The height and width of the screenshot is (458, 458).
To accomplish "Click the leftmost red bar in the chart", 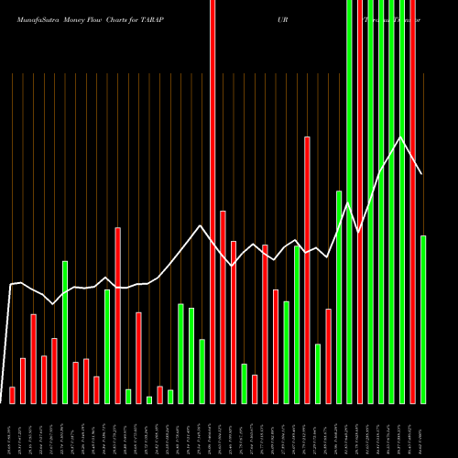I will point(12,395).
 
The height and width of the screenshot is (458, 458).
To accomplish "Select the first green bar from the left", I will point(65,332).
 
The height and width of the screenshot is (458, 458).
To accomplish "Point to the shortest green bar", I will point(149,399).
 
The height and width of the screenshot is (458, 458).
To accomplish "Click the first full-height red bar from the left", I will point(213,202).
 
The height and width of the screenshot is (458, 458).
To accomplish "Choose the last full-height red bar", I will point(412,202).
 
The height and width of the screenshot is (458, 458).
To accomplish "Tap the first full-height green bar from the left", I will point(349,202).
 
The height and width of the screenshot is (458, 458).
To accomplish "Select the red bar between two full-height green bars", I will point(359,202).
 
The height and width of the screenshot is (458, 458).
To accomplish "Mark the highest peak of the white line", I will point(400,137).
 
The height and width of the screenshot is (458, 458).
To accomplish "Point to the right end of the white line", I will point(422,174).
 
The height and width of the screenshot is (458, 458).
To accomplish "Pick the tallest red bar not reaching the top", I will point(307,269).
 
